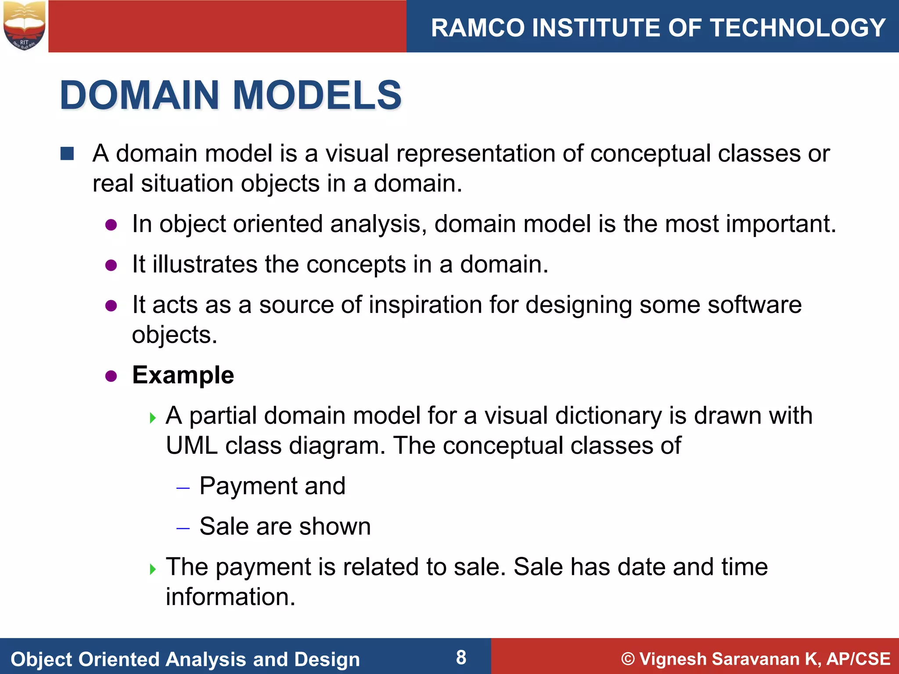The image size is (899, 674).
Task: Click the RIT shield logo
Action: pos(24,25)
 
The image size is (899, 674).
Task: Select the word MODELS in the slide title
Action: pos(317,95)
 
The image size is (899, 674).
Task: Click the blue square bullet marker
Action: pos(67,154)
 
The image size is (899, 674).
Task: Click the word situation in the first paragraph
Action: pos(187,183)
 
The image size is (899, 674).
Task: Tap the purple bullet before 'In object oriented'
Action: pos(111,225)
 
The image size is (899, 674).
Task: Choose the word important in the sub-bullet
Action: pos(778,224)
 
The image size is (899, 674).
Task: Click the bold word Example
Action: pos(183,375)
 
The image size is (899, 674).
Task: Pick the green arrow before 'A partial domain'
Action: pos(153,417)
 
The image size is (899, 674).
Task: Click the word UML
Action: pos(191,446)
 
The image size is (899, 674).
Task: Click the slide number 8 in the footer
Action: pos(461,657)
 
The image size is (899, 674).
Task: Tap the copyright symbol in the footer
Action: pos(628,659)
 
